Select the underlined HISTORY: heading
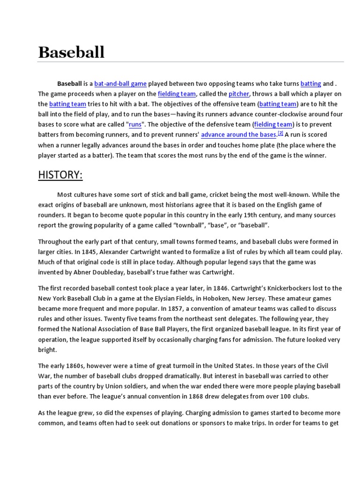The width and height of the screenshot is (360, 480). coord(60,175)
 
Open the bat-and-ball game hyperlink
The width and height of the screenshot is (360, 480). coord(120,84)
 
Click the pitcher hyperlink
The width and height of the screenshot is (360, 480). coord(239,94)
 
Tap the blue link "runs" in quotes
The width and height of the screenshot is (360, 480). coord(135,125)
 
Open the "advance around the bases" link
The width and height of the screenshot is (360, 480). coord(239,135)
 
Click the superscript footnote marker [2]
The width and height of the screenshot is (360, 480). coord(280,133)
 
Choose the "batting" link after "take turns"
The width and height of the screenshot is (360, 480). coord(311,84)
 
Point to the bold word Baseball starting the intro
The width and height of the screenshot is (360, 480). coord(69,84)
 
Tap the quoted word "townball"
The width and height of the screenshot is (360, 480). coord(195,225)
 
